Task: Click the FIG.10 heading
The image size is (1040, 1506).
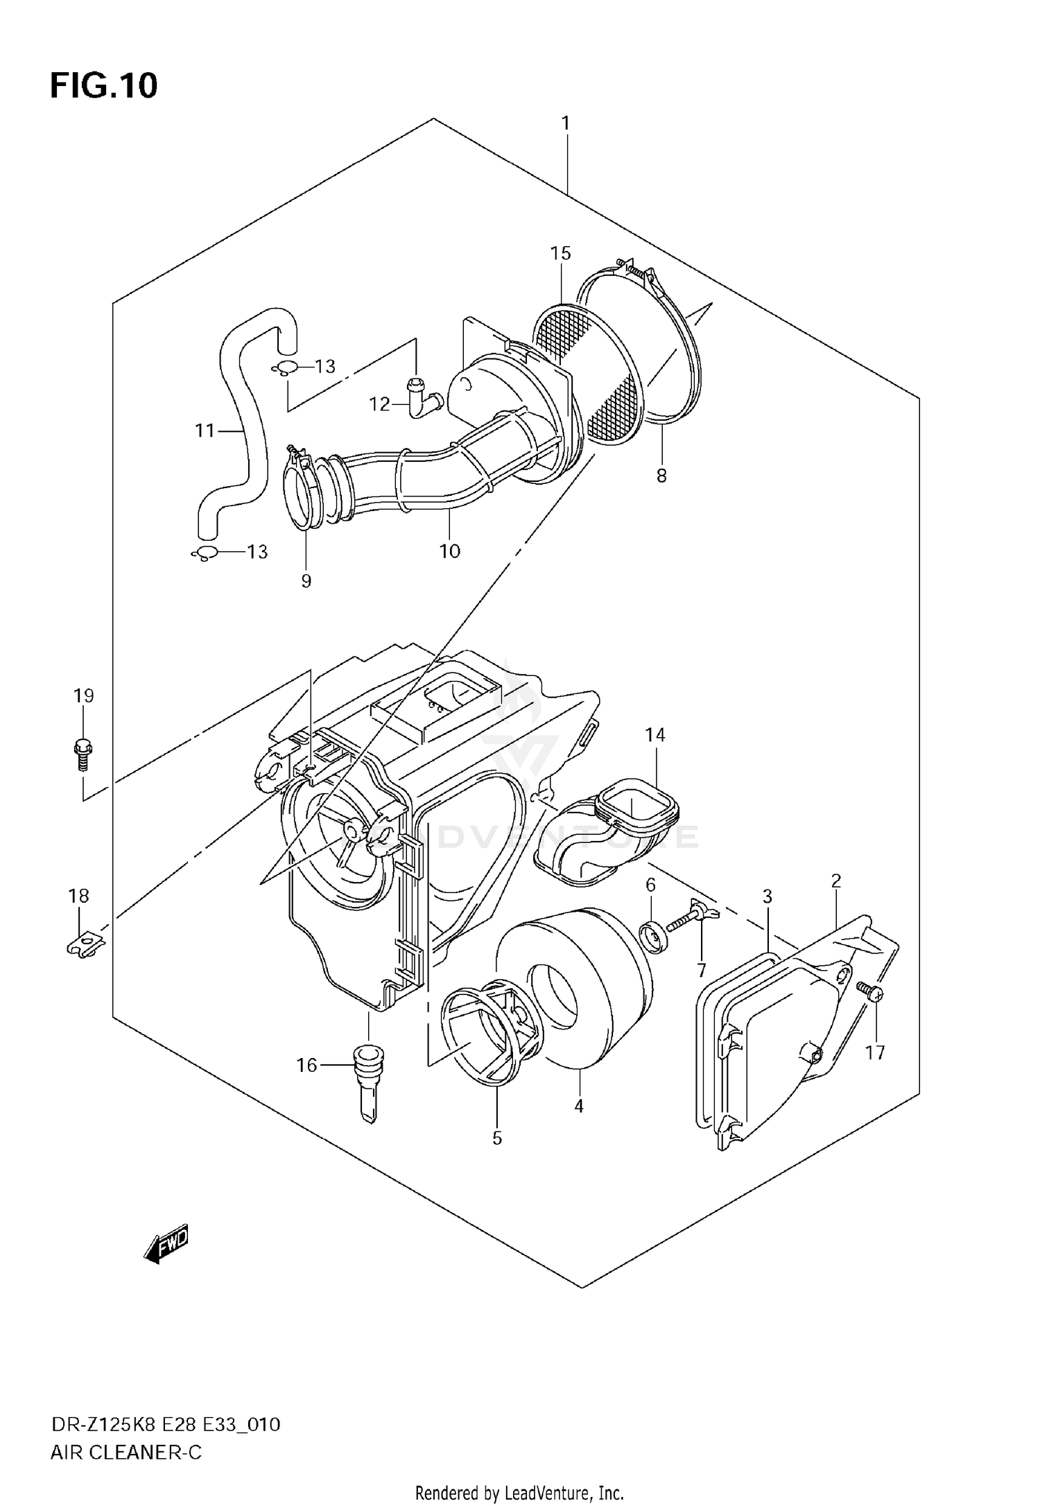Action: [104, 85]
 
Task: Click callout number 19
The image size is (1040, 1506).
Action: [83, 695]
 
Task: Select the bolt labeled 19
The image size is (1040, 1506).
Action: [83, 754]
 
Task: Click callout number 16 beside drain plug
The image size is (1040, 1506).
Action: [306, 1065]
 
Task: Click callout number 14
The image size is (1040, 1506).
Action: [655, 735]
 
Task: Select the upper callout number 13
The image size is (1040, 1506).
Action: [324, 366]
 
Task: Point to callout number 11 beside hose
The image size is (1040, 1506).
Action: [205, 431]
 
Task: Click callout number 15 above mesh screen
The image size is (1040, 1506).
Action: [561, 253]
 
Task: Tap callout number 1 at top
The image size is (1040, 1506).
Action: [566, 123]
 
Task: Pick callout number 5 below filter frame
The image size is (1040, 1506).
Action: [497, 1138]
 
